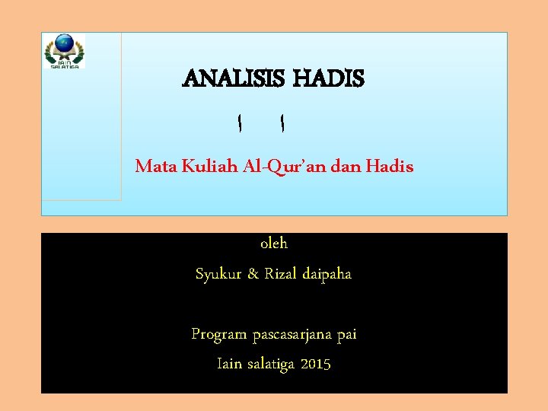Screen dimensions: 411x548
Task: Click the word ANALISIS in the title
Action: point(234,78)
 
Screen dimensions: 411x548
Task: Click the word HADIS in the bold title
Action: point(329,78)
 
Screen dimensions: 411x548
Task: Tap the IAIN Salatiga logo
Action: point(64,52)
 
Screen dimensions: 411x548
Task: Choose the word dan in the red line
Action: point(348,166)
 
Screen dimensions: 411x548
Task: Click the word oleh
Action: point(274,244)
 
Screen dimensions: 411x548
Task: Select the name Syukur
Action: point(218,274)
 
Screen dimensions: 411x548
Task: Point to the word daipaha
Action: point(327,274)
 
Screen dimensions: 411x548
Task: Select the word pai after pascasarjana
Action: point(346,334)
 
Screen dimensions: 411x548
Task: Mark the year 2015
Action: point(316,364)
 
